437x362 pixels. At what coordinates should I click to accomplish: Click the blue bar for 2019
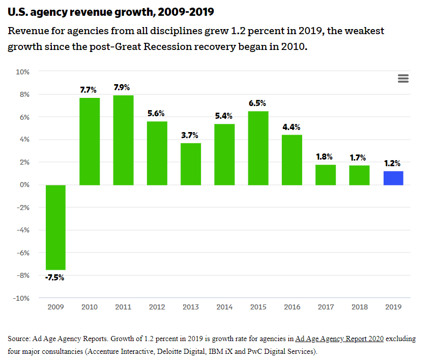pyautogui.click(x=393, y=178)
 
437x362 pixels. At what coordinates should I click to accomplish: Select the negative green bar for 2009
pyautogui.click(x=55, y=227)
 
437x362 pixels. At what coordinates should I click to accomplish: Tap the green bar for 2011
pyautogui.click(x=123, y=140)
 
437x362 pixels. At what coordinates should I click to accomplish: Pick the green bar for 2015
pyautogui.click(x=258, y=148)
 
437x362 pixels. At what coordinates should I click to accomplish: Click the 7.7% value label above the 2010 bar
pyautogui.click(x=89, y=90)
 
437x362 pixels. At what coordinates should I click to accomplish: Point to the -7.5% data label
pyautogui.click(x=55, y=278)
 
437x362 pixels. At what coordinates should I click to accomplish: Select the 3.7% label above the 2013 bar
pyautogui.click(x=190, y=135)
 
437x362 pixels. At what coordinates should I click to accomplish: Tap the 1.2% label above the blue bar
pyautogui.click(x=392, y=164)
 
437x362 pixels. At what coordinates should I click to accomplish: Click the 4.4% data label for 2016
pyautogui.click(x=291, y=127)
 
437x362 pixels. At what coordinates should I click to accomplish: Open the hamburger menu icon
pyautogui.click(x=403, y=79)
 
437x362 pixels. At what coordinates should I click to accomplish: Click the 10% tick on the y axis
pyautogui.click(x=22, y=72)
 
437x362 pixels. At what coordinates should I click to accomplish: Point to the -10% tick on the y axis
pyautogui.click(x=21, y=298)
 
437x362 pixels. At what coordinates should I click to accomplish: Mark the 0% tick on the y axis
pyautogui.click(x=24, y=185)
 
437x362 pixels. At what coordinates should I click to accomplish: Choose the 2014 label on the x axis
pyautogui.click(x=224, y=307)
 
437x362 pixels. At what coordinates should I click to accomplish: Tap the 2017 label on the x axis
pyautogui.click(x=326, y=307)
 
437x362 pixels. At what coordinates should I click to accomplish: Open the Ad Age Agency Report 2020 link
pyautogui.click(x=339, y=339)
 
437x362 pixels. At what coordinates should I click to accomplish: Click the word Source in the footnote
pyautogui.click(x=19, y=339)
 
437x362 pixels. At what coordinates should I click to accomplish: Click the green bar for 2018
pyautogui.click(x=359, y=175)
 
